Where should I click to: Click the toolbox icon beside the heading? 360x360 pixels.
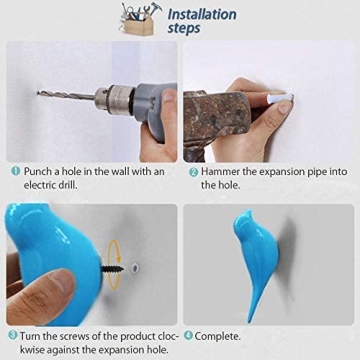(x=140, y=19)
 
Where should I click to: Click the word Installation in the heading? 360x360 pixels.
(x=202, y=14)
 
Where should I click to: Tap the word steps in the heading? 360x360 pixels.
(x=184, y=29)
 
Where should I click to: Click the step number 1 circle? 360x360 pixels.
(x=15, y=171)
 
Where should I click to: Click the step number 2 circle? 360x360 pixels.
(x=193, y=171)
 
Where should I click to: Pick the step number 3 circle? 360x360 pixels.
(x=12, y=334)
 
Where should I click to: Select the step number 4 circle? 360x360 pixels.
(x=189, y=334)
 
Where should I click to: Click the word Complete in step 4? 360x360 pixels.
(x=223, y=334)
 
